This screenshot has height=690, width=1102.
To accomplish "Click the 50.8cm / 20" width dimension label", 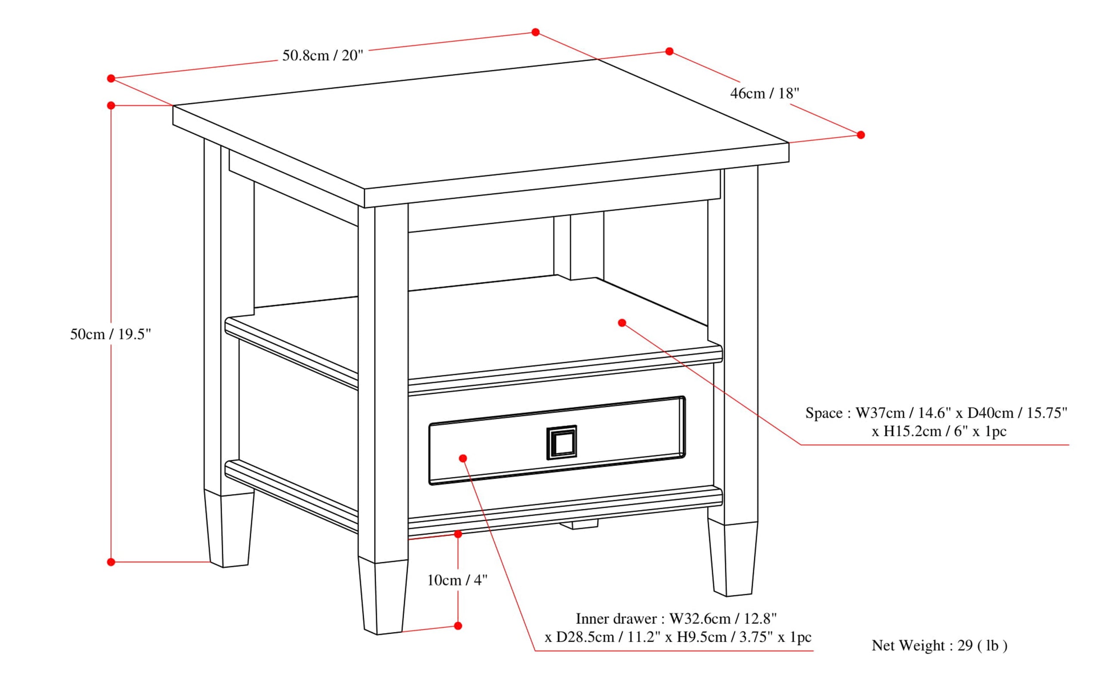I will point(322,56).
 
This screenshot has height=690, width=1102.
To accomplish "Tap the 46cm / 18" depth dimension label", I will point(765,93).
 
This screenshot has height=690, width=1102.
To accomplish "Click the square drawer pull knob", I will point(561,442).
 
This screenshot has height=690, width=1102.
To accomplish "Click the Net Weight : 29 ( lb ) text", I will point(939,646).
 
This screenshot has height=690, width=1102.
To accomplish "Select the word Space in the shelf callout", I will point(823,413).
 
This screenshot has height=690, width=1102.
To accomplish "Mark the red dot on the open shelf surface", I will point(622,323).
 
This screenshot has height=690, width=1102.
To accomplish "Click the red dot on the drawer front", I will point(463,458).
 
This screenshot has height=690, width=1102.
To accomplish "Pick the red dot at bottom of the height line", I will point(111,562).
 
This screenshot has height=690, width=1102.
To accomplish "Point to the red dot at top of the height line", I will point(111,105).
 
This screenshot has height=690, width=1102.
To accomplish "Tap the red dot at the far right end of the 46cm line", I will point(861,135).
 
